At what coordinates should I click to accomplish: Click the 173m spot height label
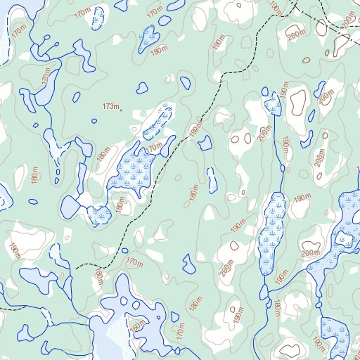(110, 105)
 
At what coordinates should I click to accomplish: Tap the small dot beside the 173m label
(121, 110)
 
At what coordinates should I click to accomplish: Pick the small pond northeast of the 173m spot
(143, 89)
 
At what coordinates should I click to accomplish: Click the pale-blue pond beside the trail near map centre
(205, 143)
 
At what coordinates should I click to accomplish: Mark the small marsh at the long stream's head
(273, 106)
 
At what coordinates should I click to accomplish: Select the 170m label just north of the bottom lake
(134, 262)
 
